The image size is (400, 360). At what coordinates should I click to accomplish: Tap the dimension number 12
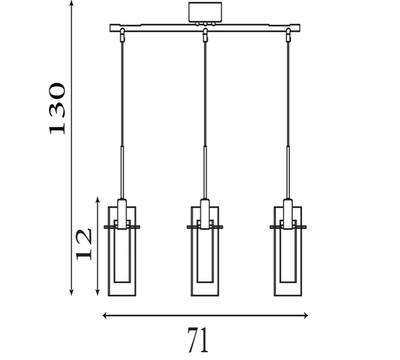coord(84,244)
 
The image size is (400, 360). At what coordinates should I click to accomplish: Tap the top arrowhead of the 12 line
coord(98,198)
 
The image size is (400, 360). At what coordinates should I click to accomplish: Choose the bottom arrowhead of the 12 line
coord(98,294)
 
